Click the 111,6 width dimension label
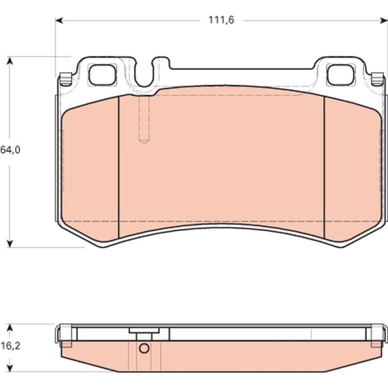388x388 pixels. point(221,20)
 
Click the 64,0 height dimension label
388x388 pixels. point(10,150)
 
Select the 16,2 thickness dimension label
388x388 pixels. point(10,346)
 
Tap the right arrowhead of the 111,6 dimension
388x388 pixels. point(383,21)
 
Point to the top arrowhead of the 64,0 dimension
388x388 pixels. point(10,60)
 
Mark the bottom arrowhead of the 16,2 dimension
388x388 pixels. point(10,368)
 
